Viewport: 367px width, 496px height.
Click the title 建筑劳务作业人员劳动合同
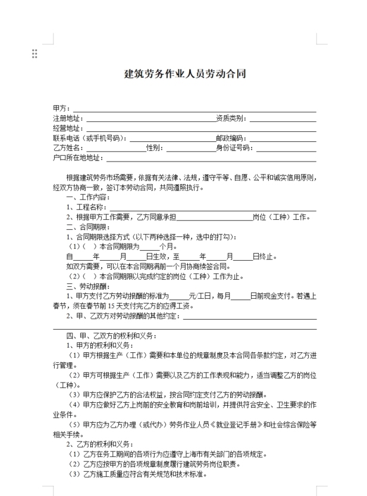click(184, 74)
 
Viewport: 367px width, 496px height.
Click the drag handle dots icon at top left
click(34, 54)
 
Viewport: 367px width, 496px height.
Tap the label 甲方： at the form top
click(62, 109)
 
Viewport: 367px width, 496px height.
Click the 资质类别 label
click(232, 118)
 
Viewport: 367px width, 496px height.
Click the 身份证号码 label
click(236, 147)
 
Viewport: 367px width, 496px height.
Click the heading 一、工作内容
click(88, 197)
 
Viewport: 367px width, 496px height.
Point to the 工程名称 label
click(87, 207)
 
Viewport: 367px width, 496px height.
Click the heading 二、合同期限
click(88, 226)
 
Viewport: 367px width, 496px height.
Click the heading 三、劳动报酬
click(88, 286)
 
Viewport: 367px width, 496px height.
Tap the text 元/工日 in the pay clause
click(201, 296)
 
